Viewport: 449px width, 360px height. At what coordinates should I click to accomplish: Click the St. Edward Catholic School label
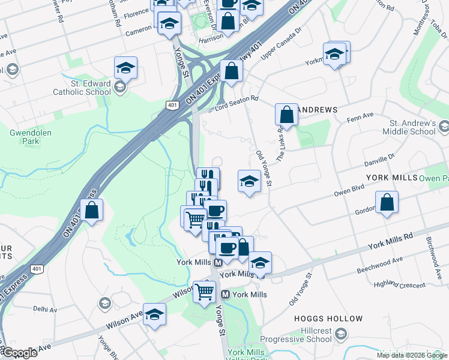click(82, 88)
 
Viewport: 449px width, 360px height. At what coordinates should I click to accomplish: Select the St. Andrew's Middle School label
click(408, 127)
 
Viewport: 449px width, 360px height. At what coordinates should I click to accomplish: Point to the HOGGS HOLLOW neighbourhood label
click(328, 319)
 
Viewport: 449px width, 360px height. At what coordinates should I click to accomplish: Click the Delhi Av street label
click(45, 310)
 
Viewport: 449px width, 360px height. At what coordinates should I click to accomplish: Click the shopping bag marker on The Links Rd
click(287, 115)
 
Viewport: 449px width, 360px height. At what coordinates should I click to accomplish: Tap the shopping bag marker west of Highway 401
click(91, 211)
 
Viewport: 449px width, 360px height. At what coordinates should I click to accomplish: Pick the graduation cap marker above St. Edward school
click(125, 68)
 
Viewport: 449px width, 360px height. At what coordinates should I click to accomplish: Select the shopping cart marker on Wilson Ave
click(205, 292)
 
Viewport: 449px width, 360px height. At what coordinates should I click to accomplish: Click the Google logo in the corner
click(19, 353)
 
